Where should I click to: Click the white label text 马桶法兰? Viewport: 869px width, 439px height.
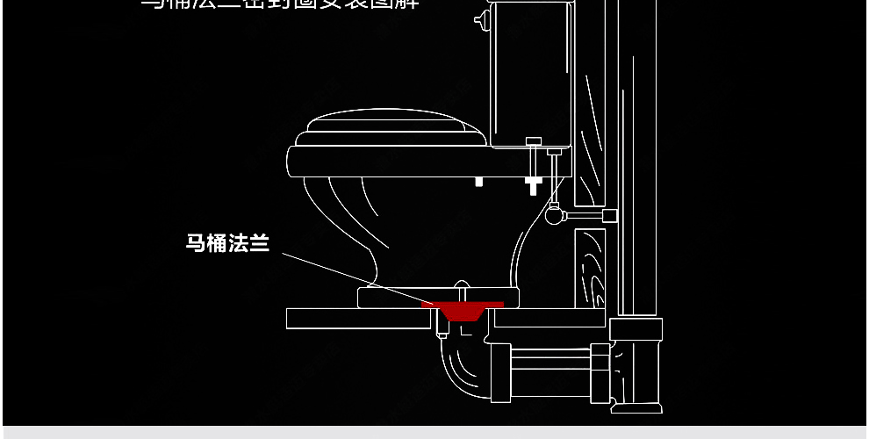tap(226, 243)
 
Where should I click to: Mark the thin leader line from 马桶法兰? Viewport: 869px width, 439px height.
tap(351, 277)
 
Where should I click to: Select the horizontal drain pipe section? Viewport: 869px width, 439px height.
tap(549, 360)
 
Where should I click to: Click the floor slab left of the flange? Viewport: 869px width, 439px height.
tap(351, 318)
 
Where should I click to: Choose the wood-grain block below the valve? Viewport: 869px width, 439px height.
tap(590, 268)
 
